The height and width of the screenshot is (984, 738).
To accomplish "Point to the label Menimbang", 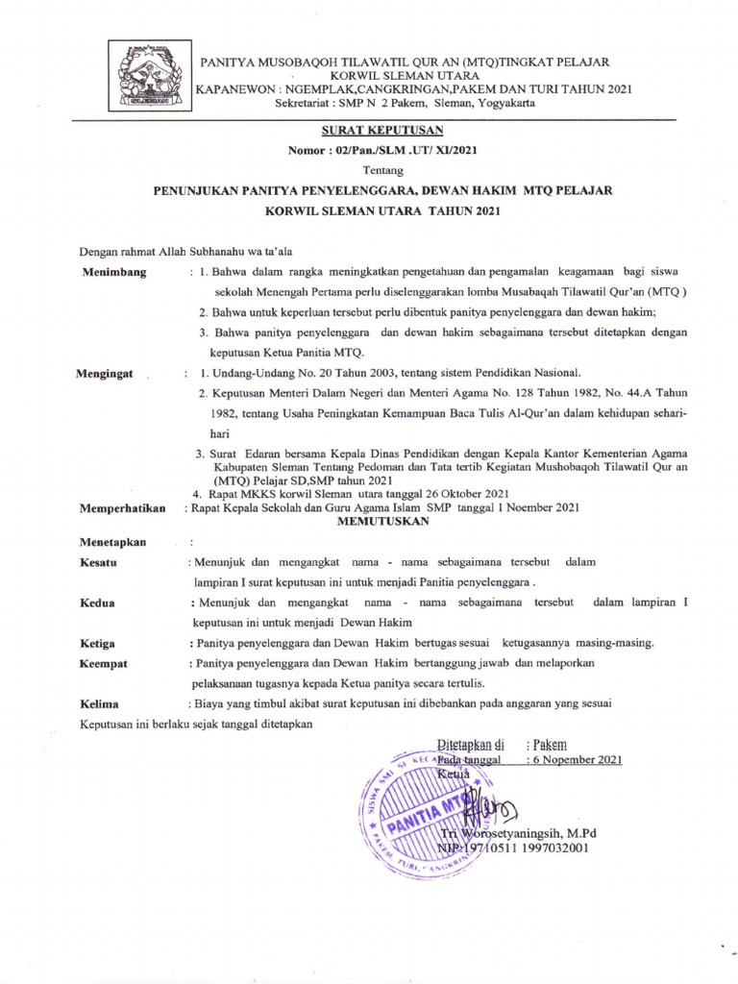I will pyautogui.click(x=114, y=272).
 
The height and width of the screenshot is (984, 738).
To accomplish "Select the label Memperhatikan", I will pyautogui.click(x=123, y=508).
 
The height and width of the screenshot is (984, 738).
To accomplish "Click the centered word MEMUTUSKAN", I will pyautogui.click(x=381, y=521).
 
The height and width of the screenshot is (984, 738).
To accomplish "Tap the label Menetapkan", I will pyautogui.click(x=113, y=542).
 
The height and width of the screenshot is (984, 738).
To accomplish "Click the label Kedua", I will pyautogui.click(x=98, y=603).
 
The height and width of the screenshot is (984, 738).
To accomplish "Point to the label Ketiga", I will pyautogui.click(x=99, y=642).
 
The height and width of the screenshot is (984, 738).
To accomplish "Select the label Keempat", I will pyautogui.click(x=105, y=663).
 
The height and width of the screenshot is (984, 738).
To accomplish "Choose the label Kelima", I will pyautogui.click(x=99, y=703).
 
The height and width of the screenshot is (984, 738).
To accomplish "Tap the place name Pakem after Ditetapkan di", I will pyautogui.click(x=550, y=744).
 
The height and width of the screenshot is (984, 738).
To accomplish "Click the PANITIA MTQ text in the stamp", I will pyautogui.click(x=424, y=812).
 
